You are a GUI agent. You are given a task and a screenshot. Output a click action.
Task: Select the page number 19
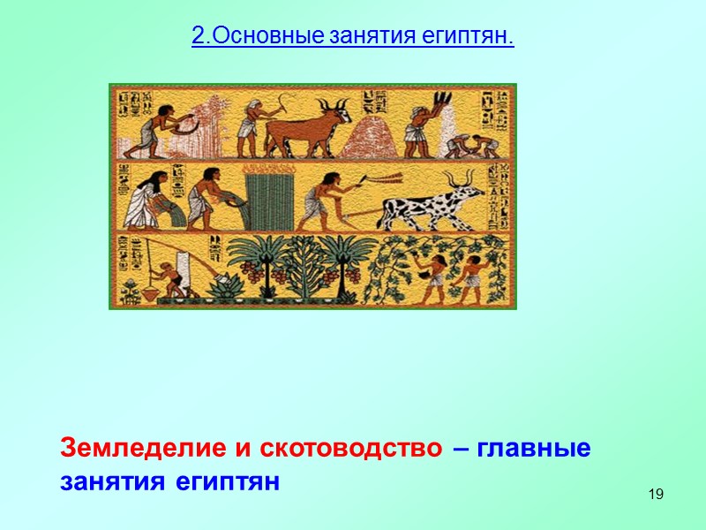[655, 493]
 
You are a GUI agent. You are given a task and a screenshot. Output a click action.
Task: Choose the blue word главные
[534, 448]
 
